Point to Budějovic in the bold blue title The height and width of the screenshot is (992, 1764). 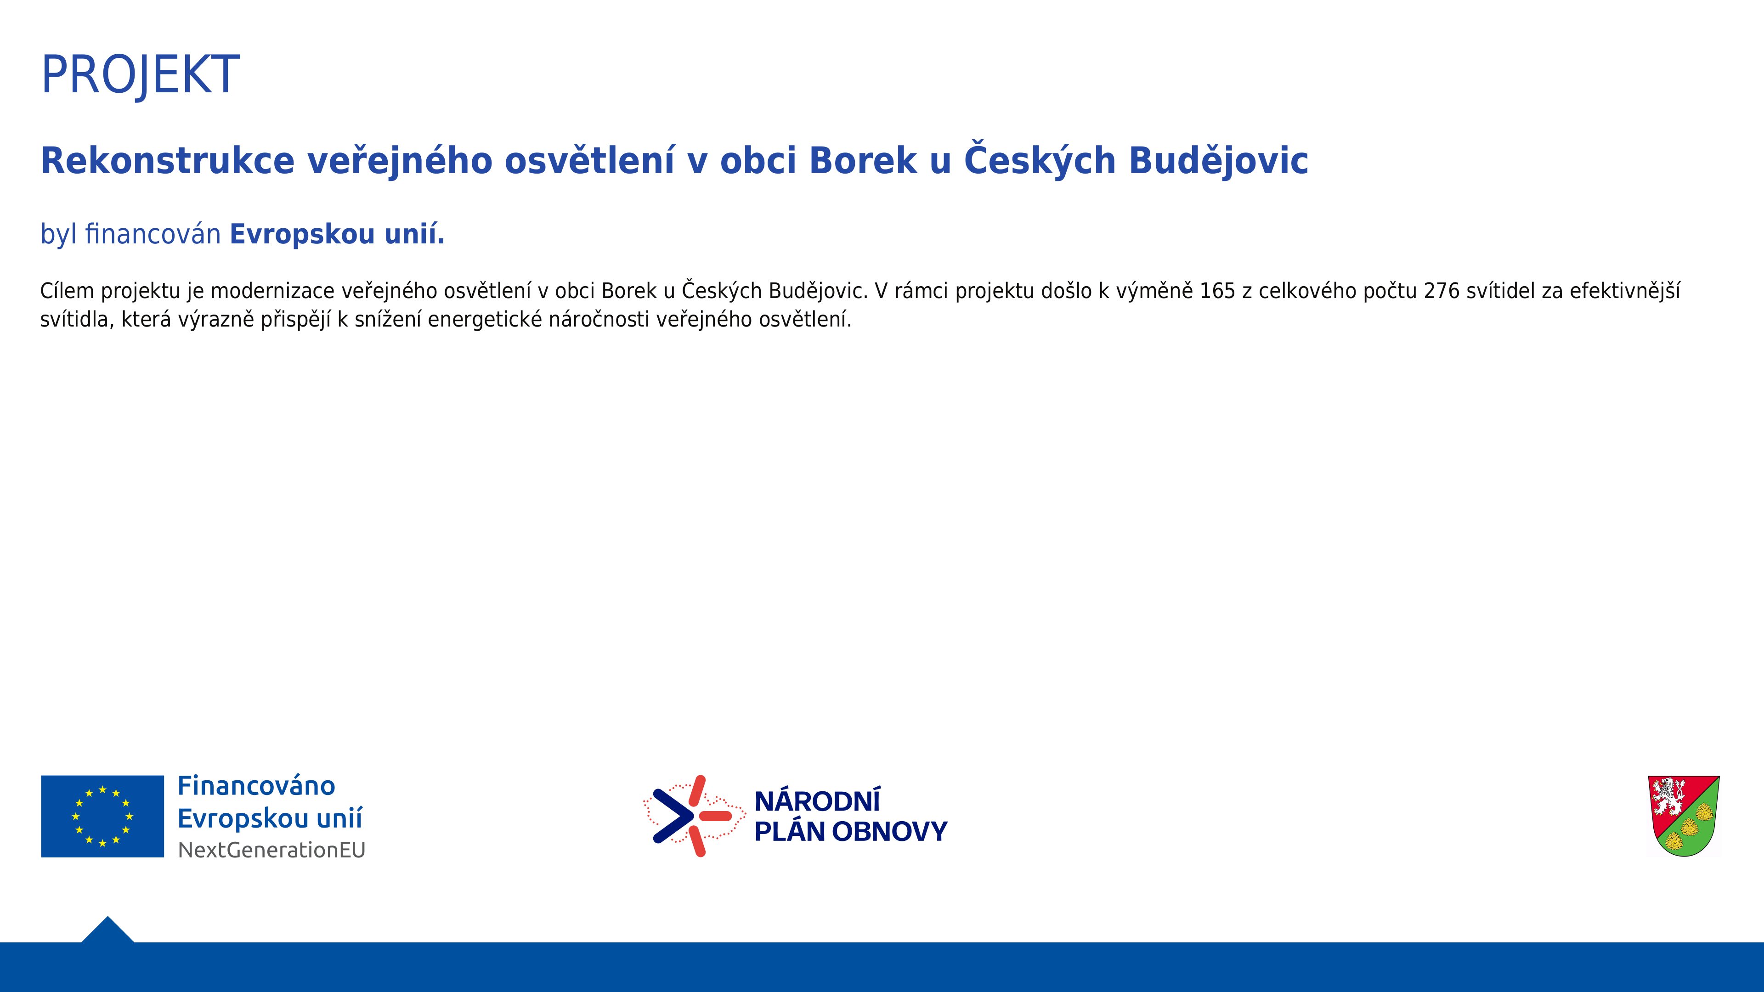1218,162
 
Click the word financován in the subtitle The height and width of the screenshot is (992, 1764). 153,234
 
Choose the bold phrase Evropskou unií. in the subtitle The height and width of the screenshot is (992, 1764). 337,234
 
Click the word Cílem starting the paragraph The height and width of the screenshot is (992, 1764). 67,291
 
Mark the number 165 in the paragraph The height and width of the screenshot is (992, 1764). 1217,291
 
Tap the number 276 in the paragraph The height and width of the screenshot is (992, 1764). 1442,291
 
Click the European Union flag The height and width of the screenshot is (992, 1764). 103,816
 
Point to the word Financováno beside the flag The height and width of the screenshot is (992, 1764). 256,786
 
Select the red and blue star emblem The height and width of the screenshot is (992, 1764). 694,816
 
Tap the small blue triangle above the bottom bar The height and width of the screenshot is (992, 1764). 107,930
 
